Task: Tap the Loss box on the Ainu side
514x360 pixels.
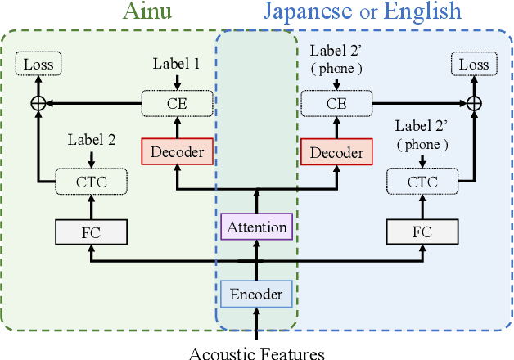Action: [x=38, y=64]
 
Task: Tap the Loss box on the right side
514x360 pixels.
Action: [x=474, y=64]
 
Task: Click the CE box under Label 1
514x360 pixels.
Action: [x=177, y=103]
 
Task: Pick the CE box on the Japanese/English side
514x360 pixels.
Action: [x=336, y=103]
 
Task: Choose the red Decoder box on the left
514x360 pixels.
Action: [x=177, y=151]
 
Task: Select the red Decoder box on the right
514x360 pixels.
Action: [x=336, y=152]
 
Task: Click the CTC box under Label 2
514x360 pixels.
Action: [x=91, y=181]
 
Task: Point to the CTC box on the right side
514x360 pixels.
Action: [x=422, y=181]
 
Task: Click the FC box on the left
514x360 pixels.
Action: [x=91, y=232]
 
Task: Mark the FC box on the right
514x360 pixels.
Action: [x=422, y=232]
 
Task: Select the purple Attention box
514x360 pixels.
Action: [x=257, y=227]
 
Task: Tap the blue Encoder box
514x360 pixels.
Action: [x=257, y=294]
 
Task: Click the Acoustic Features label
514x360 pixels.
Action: [x=257, y=353]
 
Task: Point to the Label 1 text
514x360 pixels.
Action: [x=177, y=63]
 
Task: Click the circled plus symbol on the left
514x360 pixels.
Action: [x=38, y=103]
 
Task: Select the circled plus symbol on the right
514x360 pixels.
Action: [x=474, y=103]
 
